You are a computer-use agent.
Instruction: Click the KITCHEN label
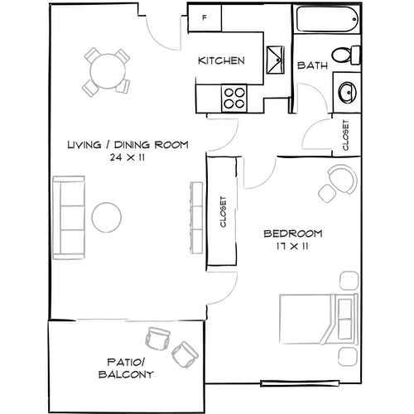220,60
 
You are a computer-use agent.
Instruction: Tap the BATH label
311,65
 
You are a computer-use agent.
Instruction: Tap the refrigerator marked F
205,18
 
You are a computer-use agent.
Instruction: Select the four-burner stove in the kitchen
235,99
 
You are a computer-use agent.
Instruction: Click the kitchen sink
274,59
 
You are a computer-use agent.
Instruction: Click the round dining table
105,72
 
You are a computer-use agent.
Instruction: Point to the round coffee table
107,217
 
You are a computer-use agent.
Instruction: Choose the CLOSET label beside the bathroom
344,136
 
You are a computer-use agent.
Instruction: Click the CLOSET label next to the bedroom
223,212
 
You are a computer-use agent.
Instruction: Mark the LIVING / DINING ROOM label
127,145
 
